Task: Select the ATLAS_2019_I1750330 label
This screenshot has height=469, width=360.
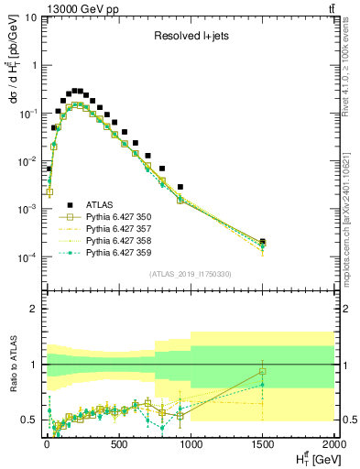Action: [x=188, y=274]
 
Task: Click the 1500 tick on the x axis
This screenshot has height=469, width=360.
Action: [x=263, y=444]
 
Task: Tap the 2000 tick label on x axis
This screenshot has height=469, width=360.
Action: [x=333, y=444]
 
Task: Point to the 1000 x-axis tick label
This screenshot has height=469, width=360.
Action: [x=190, y=444]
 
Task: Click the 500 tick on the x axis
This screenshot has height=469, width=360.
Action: [x=118, y=444]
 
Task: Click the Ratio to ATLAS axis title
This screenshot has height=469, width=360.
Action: [x=12, y=365]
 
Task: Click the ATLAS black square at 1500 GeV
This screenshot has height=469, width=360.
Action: [x=263, y=241]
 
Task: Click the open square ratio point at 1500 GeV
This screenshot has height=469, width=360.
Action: [x=263, y=371]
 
